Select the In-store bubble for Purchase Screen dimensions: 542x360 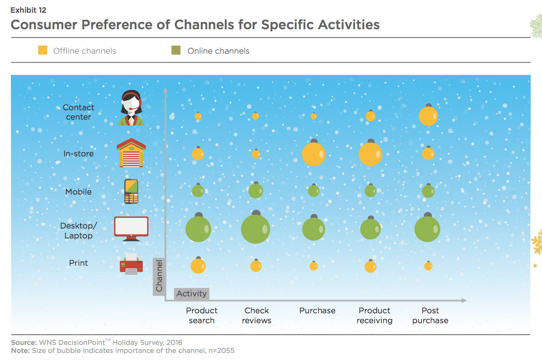[x=313, y=153]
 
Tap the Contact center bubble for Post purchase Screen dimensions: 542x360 [x=428, y=115]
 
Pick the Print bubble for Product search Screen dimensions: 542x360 [x=198, y=265]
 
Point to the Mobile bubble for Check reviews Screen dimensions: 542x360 [x=256, y=190]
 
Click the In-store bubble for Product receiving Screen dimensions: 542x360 [x=370, y=153]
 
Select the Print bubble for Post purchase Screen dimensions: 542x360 [x=428, y=266]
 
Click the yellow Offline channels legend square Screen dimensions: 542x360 [x=42, y=50]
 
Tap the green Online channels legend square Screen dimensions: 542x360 [x=176, y=50]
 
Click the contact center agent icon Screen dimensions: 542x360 [x=131, y=108]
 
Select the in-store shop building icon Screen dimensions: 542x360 [x=131, y=153]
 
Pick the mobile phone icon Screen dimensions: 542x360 [x=131, y=191]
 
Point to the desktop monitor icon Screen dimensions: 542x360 [x=131, y=229]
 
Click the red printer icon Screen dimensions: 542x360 [x=131, y=264]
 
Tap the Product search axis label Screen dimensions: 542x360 [x=202, y=315]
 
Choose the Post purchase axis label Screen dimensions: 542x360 [x=430, y=315]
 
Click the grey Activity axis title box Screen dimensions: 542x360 [x=191, y=294]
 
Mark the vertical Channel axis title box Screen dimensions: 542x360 [x=159, y=277]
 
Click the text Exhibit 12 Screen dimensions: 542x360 [x=28, y=10]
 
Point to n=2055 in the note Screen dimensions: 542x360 [x=221, y=351]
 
